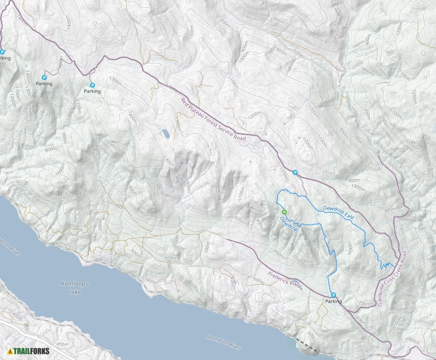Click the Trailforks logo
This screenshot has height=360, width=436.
point(25,351)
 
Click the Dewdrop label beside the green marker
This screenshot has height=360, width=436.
point(288,224)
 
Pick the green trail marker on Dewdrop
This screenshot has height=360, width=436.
point(284,212)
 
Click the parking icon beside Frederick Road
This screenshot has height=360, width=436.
point(333,295)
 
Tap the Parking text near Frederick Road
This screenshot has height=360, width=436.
point(333,302)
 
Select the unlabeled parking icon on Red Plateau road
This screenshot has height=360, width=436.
point(295,173)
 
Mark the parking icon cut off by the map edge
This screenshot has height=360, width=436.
point(2,52)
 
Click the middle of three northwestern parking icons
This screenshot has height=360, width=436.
point(44,77)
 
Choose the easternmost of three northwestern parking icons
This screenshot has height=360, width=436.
point(92,85)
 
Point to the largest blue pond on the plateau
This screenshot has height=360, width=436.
point(166,134)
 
